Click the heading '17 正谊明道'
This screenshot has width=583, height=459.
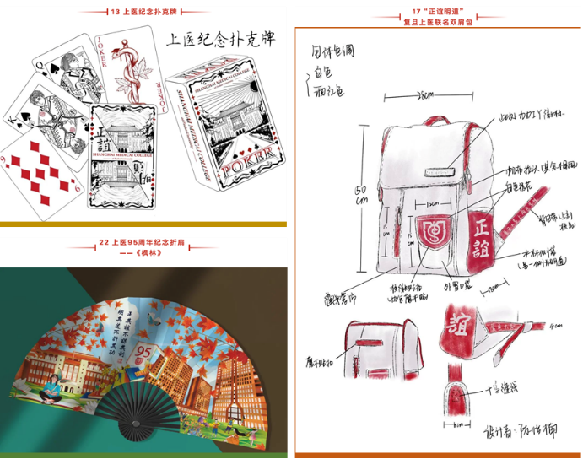click(440, 12)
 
